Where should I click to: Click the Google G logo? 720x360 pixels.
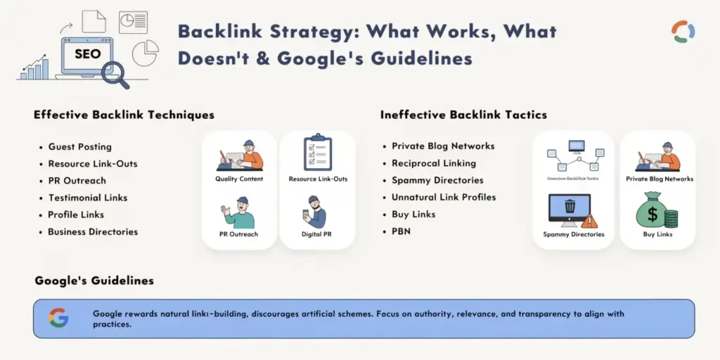tap(58, 318)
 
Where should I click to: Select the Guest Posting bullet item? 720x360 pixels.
tap(79, 147)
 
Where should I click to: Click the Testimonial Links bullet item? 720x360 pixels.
tap(87, 198)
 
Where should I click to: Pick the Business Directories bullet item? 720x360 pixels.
tap(93, 231)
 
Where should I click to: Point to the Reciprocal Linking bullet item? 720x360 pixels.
tap(433, 163)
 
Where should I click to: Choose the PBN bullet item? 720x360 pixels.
tap(401, 231)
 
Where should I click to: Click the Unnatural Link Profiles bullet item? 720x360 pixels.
tap(444, 197)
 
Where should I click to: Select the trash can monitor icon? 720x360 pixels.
tap(569, 209)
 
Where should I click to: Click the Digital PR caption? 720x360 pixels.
tap(317, 234)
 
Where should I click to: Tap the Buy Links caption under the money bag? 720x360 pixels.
tap(657, 234)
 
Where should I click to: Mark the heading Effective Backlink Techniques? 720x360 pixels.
tap(124, 115)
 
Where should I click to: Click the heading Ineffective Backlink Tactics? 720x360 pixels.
tap(463, 115)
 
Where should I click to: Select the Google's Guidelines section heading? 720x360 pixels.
tap(94, 281)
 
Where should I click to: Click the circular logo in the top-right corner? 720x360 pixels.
tap(683, 32)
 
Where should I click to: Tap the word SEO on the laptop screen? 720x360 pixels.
tap(87, 53)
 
